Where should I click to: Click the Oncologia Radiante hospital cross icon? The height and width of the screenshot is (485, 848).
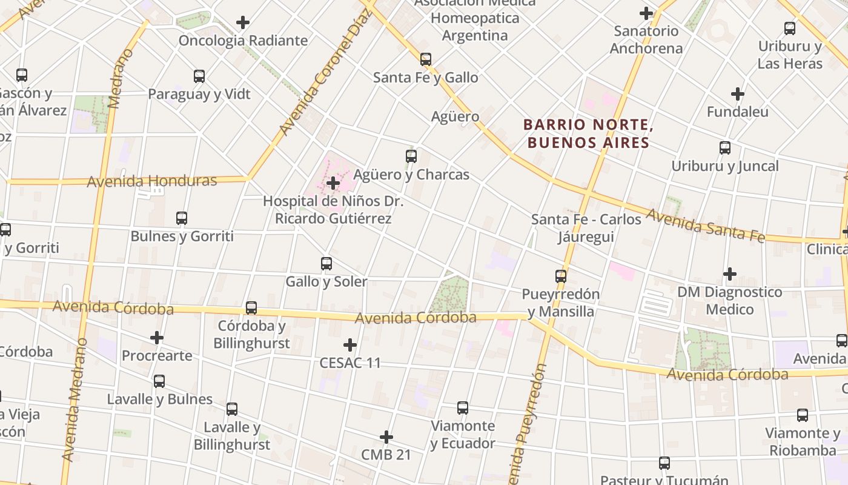pyautogui.click(x=243, y=23)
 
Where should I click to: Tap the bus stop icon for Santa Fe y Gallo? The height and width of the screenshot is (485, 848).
pyautogui.click(x=426, y=59)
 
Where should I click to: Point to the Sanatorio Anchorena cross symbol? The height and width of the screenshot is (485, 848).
pyautogui.click(x=646, y=13)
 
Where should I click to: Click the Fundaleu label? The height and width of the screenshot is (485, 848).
pyautogui.click(x=737, y=112)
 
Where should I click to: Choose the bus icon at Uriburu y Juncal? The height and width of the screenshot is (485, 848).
pyautogui.click(x=725, y=148)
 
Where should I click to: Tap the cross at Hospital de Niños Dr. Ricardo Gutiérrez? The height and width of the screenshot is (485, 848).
pyautogui.click(x=333, y=183)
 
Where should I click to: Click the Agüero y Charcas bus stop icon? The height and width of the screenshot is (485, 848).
pyautogui.click(x=411, y=156)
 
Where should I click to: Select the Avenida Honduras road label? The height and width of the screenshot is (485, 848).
pyautogui.click(x=152, y=181)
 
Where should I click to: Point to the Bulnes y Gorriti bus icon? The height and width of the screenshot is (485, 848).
pyautogui.click(x=182, y=218)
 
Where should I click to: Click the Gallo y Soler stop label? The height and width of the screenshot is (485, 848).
pyautogui.click(x=326, y=282)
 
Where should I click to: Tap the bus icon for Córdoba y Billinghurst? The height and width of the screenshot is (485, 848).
pyautogui.click(x=251, y=308)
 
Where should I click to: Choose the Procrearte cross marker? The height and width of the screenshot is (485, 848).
pyautogui.click(x=157, y=338)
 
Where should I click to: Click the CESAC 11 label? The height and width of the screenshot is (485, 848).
pyautogui.click(x=350, y=363)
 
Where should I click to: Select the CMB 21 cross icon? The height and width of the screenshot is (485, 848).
pyautogui.click(x=386, y=437)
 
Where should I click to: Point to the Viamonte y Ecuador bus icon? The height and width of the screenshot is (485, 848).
pyautogui.click(x=463, y=408)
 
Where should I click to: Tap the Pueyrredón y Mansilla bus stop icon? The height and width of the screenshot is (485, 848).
pyautogui.click(x=561, y=276)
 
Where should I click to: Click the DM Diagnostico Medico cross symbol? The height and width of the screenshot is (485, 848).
pyautogui.click(x=730, y=275)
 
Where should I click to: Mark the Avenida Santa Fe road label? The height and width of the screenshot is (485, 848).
pyautogui.click(x=706, y=225)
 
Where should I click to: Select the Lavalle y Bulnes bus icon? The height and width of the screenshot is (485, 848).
pyautogui.click(x=159, y=381)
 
